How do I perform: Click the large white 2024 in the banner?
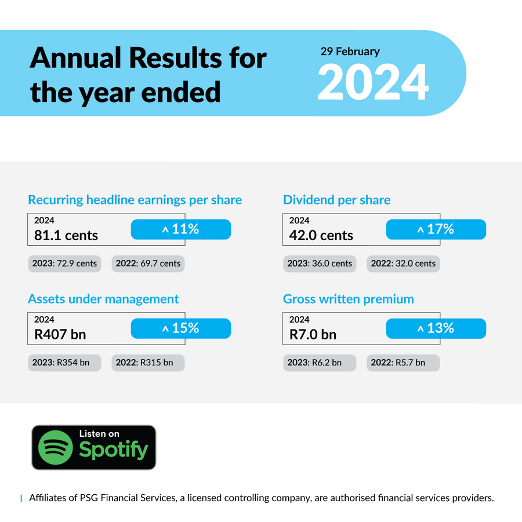(373, 82)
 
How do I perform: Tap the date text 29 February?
(350, 52)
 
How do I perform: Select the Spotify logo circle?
(55, 447)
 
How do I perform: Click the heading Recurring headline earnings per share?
(135, 200)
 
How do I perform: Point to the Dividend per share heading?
(336, 200)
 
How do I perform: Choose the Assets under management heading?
(103, 299)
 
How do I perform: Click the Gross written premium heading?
(348, 299)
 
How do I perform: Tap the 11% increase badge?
(181, 229)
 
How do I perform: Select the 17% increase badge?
(436, 229)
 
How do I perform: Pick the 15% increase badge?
(181, 329)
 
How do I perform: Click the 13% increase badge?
(436, 329)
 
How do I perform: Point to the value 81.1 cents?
(66, 235)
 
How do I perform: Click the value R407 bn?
(60, 335)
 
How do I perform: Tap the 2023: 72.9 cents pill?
(64, 264)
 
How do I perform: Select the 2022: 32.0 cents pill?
(403, 264)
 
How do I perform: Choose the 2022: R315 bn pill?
(148, 363)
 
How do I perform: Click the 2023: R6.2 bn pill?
(320, 363)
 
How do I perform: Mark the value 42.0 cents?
(321, 235)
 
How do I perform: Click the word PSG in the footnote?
(89, 498)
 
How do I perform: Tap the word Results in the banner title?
(175, 58)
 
